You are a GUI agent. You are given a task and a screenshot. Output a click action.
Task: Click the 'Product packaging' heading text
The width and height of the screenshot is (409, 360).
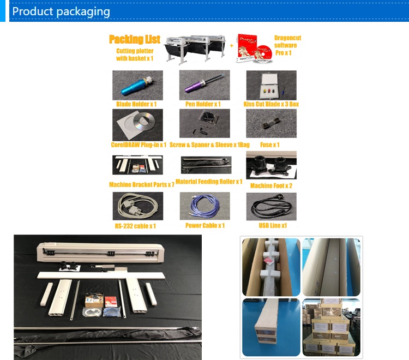pos(61,11)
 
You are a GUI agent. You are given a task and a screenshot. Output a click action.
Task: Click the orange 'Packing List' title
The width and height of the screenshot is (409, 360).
pos(135,39)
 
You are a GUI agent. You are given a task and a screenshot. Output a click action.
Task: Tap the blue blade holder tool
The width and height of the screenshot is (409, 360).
pos(137,85)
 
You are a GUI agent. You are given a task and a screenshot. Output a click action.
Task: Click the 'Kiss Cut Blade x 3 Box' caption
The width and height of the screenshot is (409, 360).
pos(271,104)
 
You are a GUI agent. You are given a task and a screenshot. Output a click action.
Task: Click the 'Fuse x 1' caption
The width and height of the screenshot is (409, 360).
pos(270,145)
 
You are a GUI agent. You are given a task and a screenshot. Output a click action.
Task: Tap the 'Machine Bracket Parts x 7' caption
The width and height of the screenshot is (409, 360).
pos(141,185)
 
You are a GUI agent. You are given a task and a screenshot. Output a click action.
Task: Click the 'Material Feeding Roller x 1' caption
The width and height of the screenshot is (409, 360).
pos(209,182)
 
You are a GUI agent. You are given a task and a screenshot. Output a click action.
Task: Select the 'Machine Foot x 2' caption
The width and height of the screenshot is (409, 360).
pos(271,186)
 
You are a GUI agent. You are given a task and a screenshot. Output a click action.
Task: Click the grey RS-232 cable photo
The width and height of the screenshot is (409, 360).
pos(137,206)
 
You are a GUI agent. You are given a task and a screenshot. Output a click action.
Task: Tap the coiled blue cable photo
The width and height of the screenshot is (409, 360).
pos(204,206)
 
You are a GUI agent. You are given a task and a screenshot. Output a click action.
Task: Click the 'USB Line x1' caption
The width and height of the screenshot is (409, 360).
pos(273,225)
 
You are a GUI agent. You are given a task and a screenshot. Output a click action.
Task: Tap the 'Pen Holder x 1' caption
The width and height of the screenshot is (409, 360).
pos(202,104)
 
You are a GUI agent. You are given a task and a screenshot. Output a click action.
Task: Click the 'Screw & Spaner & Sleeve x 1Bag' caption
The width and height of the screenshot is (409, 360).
pos(209,145)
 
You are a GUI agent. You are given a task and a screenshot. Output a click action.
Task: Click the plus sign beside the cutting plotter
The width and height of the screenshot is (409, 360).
pos(231,46)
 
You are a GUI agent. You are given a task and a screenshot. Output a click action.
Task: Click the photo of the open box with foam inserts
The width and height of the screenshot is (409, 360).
pos(271,267)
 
